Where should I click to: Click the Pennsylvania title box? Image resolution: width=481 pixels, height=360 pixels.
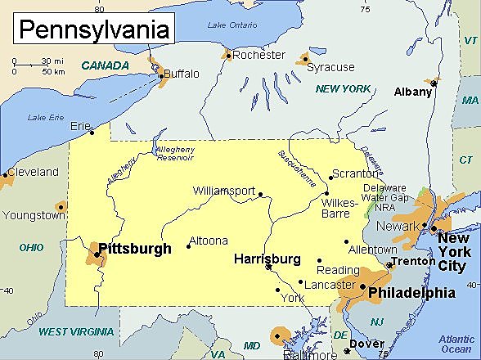pos(94,29)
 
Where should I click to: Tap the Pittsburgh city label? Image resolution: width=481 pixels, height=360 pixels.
pos(135,248)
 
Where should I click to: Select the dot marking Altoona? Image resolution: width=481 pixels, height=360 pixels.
pos(189,245)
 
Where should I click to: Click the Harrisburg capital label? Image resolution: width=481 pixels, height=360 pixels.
pos(267,259)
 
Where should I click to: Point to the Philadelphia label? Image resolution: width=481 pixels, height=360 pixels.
pos(411,292)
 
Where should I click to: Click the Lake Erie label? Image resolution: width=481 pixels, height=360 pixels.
pos(45,118)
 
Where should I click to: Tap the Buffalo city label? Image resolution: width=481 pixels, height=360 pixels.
pos(181,74)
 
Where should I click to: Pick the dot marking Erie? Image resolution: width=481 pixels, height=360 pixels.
pos(92,132)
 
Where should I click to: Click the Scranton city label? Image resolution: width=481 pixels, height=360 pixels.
pos(355,173)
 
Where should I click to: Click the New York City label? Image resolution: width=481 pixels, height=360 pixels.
pos(455,252)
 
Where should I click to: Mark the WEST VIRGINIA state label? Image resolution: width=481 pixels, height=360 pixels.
pos(76,331)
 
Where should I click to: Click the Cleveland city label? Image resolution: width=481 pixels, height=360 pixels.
pos(33,172)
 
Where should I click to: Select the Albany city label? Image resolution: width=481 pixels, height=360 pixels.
pos(412,92)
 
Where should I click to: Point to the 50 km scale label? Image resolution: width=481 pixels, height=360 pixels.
pos(53,71)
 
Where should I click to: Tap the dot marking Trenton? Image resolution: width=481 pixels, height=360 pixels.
pos(390,265)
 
